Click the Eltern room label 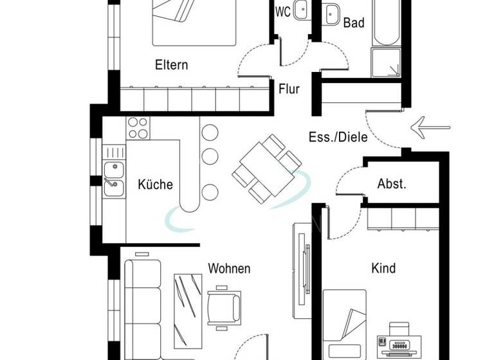tap(171, 65)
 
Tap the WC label tap(282, 12)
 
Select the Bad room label tap(354, 23)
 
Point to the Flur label tap(289, 89)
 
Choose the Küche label tap(156, 184)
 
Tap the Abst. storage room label tap(392, 184)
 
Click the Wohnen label tap(229, 268)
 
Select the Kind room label tap(383, 268)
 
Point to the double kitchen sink tap(114, 179)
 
